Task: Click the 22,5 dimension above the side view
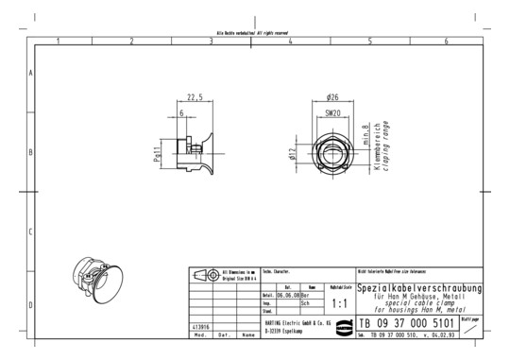195,97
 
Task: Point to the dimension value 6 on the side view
181,113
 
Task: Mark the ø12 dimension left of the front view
294,150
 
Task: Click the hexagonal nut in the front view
331,151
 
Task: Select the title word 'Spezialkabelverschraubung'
419,287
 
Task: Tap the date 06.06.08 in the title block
289,295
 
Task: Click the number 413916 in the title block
202,327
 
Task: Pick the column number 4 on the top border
290,41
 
